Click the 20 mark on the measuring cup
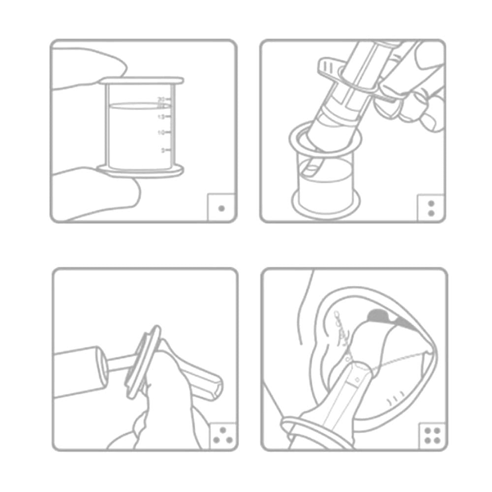click(x=161, y=99)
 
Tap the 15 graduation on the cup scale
click(x=161, y=117)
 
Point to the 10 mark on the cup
click(x=161, y=132)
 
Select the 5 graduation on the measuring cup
click(x=163, y=150)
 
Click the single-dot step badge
click(x=221, y=208)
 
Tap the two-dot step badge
click(x=431, y=208)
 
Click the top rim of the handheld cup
click(x=141, y=80)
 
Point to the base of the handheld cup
click(x=141, y=172)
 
